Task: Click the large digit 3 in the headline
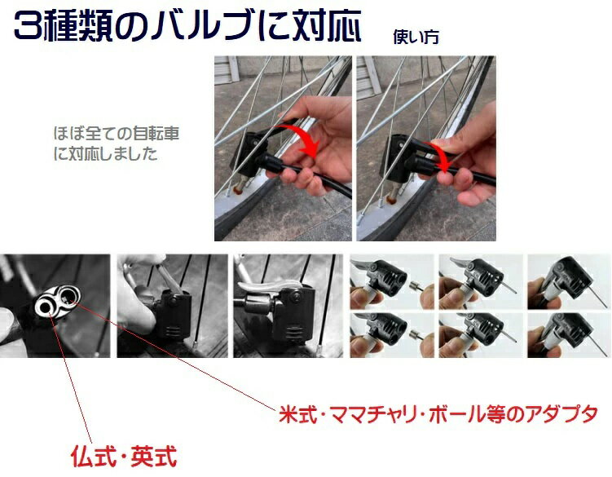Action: click(x=28, y=26)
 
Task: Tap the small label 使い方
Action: click(x=416, y=37)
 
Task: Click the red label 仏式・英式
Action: click(x=124, y=456)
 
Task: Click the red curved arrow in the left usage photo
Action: click(x=302, y=139)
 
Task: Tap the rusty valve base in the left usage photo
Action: click(x=236, y=191)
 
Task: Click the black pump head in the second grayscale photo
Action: click(x=173, y=312)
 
